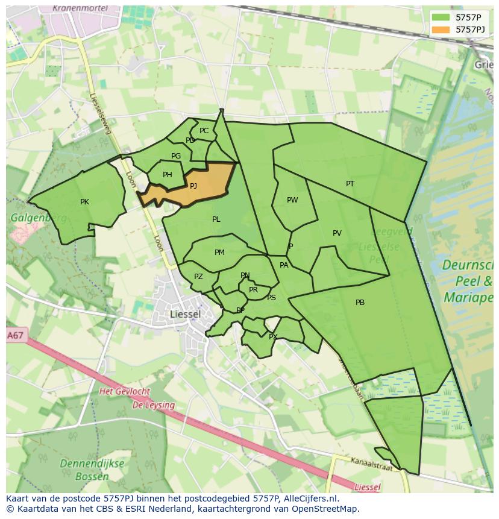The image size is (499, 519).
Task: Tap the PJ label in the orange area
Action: [x=193, y=186]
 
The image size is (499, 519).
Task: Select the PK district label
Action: [x=84, y=202]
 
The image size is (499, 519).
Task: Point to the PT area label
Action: [x=350, y=184]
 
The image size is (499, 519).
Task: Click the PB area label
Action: [x=360, y=303]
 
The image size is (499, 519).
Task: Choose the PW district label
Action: [x=292, y=200]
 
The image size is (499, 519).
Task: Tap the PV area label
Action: [x=337, y=233]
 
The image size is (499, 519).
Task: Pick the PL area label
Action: [x=216, y=219]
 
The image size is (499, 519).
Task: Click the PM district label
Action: [x=219, y=253]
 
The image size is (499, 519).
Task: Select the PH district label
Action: [x=168, y=175]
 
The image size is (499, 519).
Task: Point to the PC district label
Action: [x=204, y=131]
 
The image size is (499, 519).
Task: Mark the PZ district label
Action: [x=198, y=277]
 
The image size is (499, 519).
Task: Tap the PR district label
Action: [x=253, y=290]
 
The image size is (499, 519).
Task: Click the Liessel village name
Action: [x=186, y=315]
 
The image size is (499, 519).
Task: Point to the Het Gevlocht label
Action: [x=124, y=392]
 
